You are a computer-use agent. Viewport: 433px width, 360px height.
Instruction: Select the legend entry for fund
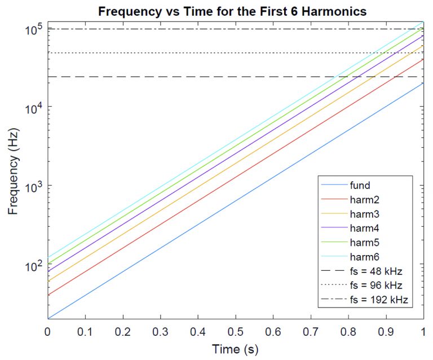(x=360, y=185)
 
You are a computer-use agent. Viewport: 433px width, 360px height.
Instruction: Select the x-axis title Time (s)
(x=235, y=349)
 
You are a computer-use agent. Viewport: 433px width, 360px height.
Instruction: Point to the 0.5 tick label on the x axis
(x=235, y=330)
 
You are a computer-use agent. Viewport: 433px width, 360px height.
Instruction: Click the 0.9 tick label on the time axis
(x=386, y=330)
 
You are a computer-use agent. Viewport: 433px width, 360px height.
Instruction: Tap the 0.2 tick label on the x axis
(x=122, y=330)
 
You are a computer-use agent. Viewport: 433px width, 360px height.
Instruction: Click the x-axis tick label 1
(x=423, y=330)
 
